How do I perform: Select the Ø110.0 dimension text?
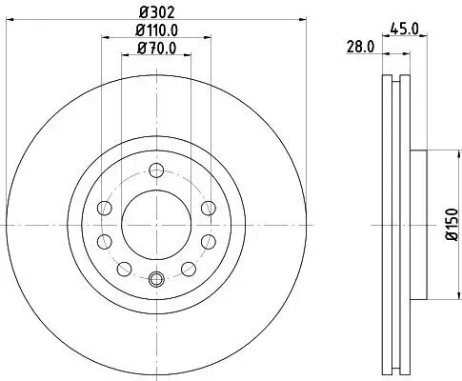point(156,31)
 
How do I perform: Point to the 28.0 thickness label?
point(358,46)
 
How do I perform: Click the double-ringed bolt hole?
point(156,279)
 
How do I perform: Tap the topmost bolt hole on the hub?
point(156,171)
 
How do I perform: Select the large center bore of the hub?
point(156,225)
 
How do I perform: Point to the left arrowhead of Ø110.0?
point(103,39)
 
